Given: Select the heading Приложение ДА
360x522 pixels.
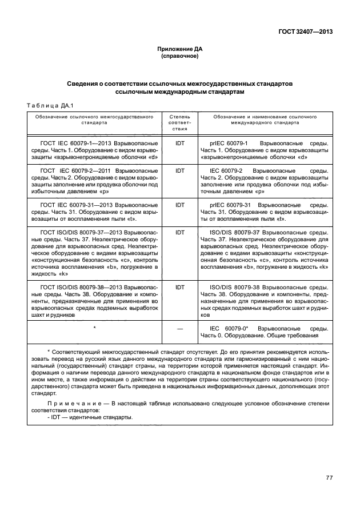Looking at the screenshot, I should pos(180,50).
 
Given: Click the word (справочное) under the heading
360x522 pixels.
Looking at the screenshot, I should pos(180,57).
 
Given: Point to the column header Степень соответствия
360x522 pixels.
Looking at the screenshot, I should pos(180,122).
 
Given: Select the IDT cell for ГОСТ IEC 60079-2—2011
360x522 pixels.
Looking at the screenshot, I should pos(180,171).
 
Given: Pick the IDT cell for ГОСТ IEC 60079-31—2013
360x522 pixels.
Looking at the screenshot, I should pos(180,204).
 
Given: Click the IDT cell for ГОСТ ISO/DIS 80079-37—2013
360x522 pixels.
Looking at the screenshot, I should pos(180,233).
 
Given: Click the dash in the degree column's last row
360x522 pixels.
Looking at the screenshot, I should pos(180,330).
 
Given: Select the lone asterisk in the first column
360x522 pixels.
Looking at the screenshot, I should pos(94,328).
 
